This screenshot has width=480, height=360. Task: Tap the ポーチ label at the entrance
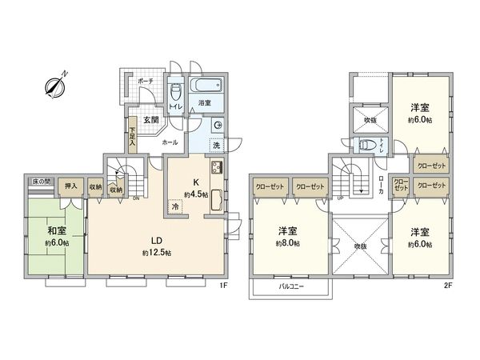(146, 82)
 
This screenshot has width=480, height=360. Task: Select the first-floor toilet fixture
(176, 94)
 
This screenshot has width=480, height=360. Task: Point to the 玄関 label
(149, 120)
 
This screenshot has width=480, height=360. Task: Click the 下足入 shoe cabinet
(132, 137)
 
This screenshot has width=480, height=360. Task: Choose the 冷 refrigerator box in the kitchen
(175, 206)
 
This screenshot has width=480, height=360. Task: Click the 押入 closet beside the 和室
(70, 187)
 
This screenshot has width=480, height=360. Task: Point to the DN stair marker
(135, 198)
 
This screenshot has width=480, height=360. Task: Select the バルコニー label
(290, 286)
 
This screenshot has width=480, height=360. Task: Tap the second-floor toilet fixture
(366, 146)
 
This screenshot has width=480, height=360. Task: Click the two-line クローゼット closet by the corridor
(401, 185)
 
